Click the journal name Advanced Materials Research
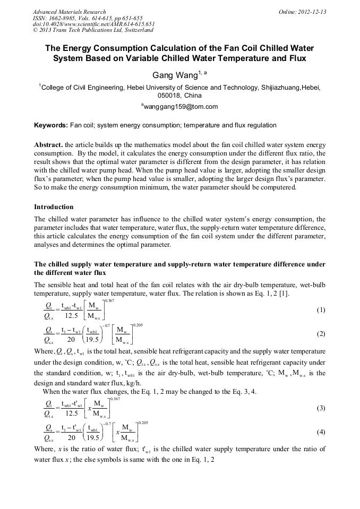point(69,12)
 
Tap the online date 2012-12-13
point(312,12)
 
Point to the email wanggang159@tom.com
point(181,107)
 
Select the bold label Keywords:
point(51,126)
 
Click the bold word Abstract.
point(48,144)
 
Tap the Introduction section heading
point(54,207)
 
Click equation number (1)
point(321,309)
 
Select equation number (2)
point(321,334)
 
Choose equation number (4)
point(321,432)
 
